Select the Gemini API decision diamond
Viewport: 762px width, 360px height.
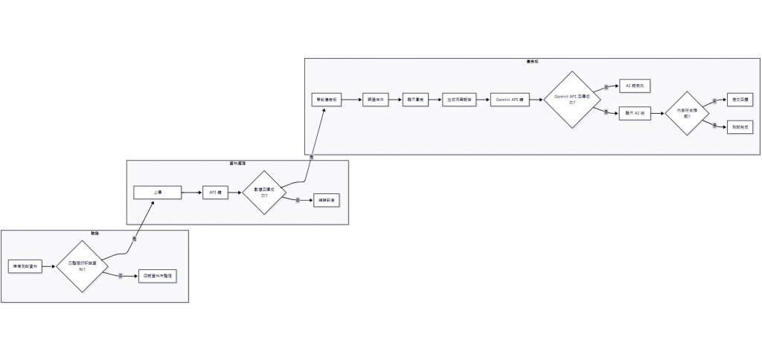point(572,100)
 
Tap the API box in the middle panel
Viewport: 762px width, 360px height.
point(213,192)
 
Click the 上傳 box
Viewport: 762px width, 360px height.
point(157,192)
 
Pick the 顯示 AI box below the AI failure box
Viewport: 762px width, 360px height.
point(635,113)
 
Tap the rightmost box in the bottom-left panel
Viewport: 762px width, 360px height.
point(158,275)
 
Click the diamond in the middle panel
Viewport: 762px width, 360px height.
point(264,192)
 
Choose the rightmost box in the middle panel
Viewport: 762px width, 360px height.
point(326,200)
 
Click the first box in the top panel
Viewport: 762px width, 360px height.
point(327,100)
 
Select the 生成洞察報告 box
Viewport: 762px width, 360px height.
point(459,100)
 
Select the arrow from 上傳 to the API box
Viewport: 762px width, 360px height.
point(191,192)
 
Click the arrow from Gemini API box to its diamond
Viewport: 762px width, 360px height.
point(536,100)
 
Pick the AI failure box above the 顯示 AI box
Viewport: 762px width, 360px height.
point(634,86)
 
